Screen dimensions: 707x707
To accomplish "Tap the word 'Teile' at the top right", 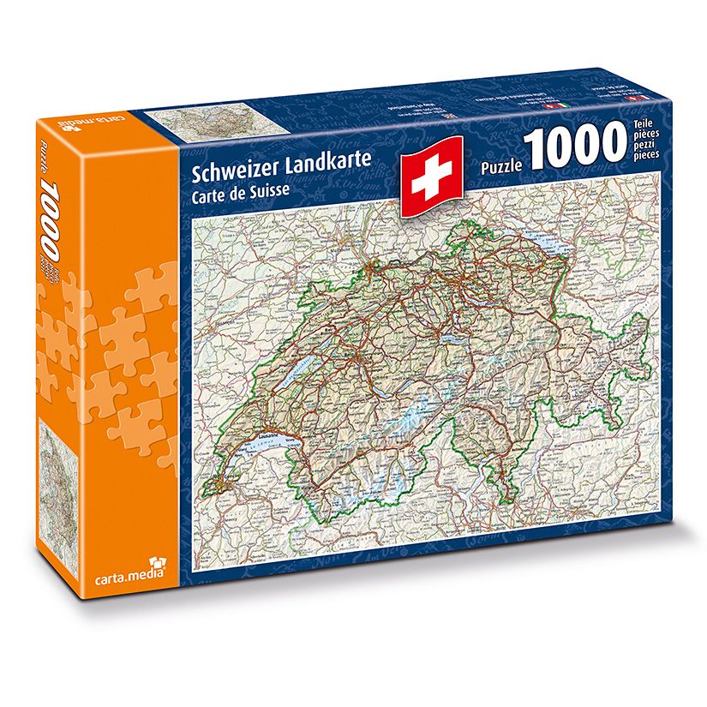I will (x=643, y=125).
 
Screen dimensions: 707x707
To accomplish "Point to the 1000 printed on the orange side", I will (x=50, y=216).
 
